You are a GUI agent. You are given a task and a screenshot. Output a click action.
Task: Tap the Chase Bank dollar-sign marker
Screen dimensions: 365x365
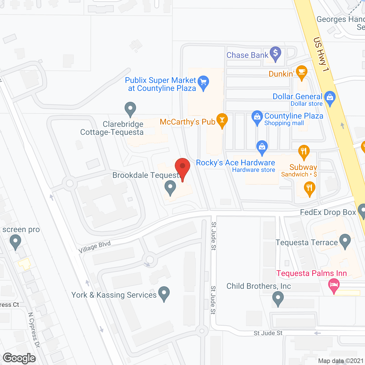(275, 54)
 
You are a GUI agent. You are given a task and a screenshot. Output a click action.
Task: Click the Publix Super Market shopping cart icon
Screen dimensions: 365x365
(203, 83)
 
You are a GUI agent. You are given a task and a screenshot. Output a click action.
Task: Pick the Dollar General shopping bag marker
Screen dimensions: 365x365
(330, 98)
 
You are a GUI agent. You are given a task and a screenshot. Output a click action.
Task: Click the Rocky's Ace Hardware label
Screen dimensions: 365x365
(236, 163)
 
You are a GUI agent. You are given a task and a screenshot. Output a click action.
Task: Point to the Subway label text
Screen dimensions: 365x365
(303, 167)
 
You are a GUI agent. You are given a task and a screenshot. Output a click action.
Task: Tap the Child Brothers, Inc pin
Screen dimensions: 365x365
(278, 299)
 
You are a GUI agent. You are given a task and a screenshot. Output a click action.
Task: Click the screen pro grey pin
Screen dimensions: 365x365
(15, 242)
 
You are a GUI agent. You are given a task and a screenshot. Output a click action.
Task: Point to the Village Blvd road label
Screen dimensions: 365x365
(94, 247)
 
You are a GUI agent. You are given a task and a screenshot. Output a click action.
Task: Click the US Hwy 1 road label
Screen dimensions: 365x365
(321, 54)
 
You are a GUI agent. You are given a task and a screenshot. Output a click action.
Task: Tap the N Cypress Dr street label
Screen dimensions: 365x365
(34, 330)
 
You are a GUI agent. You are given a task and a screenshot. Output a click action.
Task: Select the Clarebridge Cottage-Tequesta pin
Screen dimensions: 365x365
(130, 109)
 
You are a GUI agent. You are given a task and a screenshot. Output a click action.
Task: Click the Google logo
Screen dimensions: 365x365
(19, 358)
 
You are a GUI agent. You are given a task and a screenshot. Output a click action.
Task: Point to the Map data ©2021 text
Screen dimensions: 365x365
(341, 361)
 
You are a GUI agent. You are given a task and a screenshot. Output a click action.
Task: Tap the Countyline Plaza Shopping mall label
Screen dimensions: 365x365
(294, 119)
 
